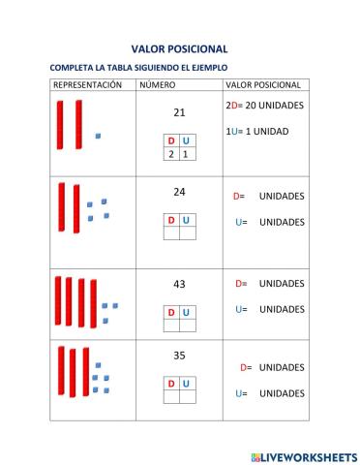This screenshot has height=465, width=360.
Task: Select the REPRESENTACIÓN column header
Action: (87, 85)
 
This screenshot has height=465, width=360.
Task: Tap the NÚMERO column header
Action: (157, 85)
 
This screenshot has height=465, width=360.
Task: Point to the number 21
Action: (179, 112)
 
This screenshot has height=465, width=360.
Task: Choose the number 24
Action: (179, 192)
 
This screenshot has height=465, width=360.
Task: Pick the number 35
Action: (179, 356)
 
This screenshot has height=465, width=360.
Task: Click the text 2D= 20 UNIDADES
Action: (264, 105)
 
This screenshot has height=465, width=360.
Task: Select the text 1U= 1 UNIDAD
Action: (256, 131)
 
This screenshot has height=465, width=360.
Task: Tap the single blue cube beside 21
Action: (98, 137)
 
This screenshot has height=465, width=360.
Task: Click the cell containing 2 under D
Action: (171, 154)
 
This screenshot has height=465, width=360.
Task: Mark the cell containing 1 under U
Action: (186, 154)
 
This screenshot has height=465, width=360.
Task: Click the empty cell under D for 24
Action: (171, 233)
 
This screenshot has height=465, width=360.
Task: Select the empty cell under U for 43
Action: (186, 325)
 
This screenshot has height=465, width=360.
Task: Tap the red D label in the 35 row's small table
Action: (171, 384)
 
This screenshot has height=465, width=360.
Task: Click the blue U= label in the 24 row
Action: (241, 222)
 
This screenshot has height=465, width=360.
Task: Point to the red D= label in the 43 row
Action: (241, 284)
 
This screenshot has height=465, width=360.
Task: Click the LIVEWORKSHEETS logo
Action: (303, 455)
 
